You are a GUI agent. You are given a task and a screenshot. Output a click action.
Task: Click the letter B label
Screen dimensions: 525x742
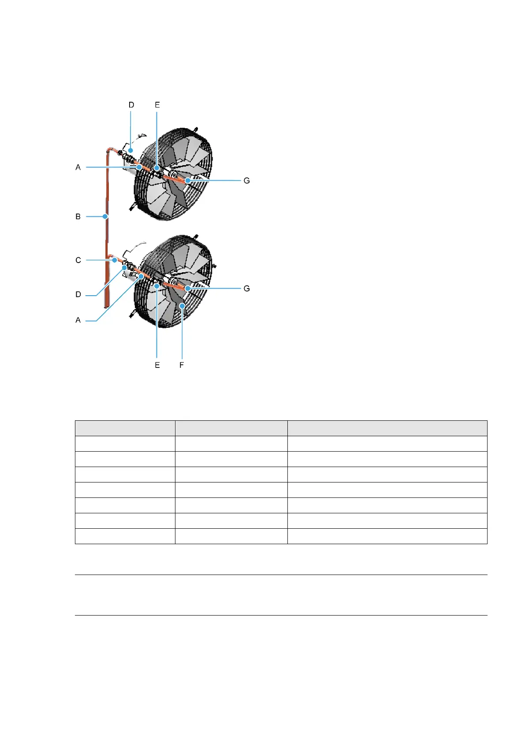tap(78, 216)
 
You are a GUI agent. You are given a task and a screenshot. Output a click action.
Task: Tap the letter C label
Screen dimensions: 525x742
tap(78, 260)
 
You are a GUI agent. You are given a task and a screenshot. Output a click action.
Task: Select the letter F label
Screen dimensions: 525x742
tap(182, 365)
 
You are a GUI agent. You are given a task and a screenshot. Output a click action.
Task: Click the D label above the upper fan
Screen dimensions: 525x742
tap(131, 105)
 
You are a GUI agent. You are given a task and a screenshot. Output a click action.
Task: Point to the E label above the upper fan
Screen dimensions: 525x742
tap(157, 105)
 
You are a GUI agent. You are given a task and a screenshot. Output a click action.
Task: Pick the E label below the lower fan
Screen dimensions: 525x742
tap(157, 365)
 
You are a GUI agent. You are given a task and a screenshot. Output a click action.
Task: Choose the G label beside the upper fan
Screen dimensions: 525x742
tap(247, 181)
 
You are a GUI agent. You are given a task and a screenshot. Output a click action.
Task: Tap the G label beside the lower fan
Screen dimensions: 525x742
tap(247, 288)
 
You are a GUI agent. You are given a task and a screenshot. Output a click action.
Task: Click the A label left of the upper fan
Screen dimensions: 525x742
tap(78, 167)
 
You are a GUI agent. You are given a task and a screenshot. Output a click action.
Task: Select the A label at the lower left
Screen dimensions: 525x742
tap(78, 320)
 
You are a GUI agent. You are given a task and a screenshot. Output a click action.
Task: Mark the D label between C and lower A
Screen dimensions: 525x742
tap(78, 294)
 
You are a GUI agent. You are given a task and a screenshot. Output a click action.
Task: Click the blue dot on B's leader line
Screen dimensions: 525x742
tap(105, 216)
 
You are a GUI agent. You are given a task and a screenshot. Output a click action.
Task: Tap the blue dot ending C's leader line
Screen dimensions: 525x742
tap(115, 260)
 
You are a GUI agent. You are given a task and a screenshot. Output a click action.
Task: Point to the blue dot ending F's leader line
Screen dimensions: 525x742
tap(182, 305)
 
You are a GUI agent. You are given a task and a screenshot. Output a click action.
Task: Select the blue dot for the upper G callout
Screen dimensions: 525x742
tap(188, 181)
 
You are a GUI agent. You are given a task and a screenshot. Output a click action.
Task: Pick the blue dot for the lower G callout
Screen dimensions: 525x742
tap(188, 288)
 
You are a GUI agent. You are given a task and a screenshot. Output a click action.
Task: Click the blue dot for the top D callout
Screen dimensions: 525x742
tap(130, 151)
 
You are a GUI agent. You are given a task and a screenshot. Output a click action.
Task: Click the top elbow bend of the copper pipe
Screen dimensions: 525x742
tap(109, 151)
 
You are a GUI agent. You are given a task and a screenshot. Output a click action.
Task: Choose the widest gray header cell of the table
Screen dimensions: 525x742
tap(387, 428)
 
